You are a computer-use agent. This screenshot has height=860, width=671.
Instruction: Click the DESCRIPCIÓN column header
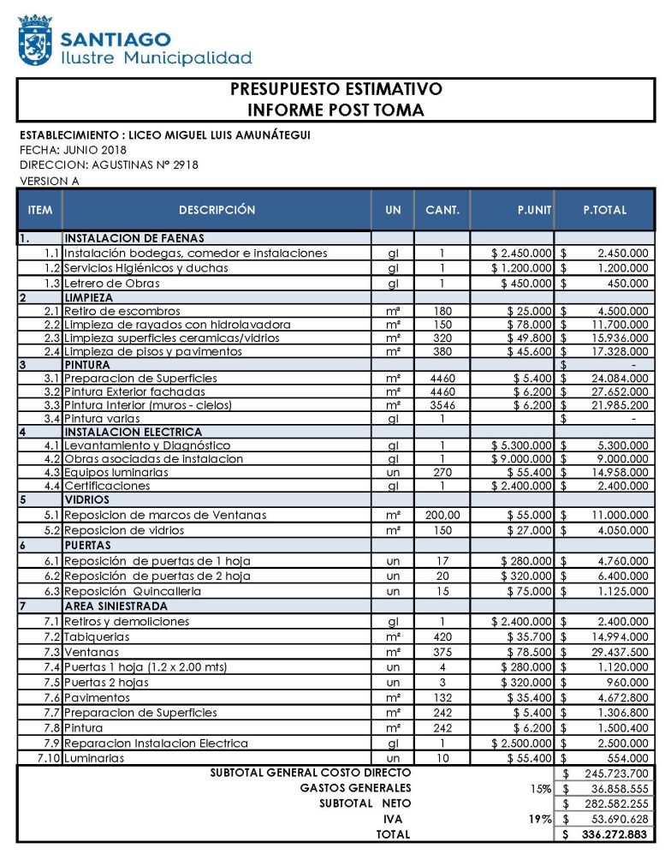pos(217,210)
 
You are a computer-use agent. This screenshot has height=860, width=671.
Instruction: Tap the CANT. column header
pos(442,210)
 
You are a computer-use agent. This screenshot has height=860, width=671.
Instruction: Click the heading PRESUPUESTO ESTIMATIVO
pos(335,89)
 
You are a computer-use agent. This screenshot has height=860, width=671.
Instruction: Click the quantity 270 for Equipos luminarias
pos(442,472)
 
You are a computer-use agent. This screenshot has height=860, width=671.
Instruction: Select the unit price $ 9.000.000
pos(522,459)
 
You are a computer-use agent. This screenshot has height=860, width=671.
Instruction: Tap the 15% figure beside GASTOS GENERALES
pos(540,788)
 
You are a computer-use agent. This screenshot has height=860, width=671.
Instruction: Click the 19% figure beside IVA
pos(540,819)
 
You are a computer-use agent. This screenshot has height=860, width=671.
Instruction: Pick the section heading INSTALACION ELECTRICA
pos(134,433)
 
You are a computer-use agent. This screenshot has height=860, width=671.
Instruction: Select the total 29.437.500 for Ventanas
pos(611,652)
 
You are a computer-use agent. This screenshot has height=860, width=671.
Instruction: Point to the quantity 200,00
pos(442,515)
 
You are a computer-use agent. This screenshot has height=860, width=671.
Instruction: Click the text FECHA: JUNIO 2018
pos(73,150)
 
